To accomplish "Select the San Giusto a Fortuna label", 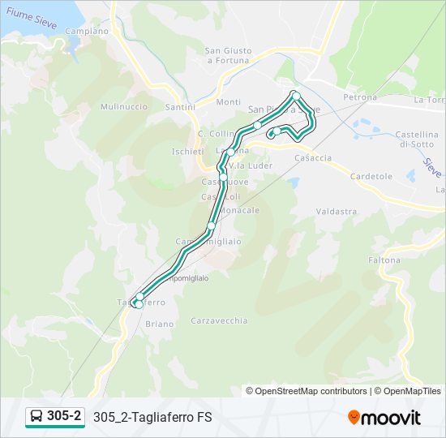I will click(x=229, y=55).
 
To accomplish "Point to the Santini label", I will click(x=179, y=107).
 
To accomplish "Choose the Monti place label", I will click(x=229, y=102).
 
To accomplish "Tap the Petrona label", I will click(x=360, y=97).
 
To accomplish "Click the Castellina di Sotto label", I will click(x=418, y=138).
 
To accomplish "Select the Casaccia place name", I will click(x=313, y=158).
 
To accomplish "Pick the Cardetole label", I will click(x=371, y=176).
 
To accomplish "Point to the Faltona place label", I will click(x=384, y=260).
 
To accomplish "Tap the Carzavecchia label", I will click(x=219, y=320).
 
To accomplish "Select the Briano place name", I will click(x=160, y=324).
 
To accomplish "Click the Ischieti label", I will click(x=187, y=151).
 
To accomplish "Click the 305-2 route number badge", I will click(x=54, y=417).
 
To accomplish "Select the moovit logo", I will click(x=384, y=418).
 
